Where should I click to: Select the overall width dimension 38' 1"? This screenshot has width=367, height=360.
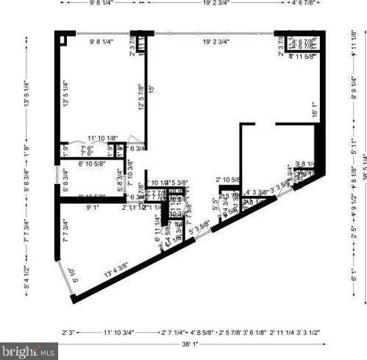[190, 343]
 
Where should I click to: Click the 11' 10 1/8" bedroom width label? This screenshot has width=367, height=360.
[102, 138]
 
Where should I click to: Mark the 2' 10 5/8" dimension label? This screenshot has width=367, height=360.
[229, 180]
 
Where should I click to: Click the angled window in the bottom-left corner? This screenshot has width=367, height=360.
[64, 274]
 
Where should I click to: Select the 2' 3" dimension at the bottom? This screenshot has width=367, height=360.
[68, 333]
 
